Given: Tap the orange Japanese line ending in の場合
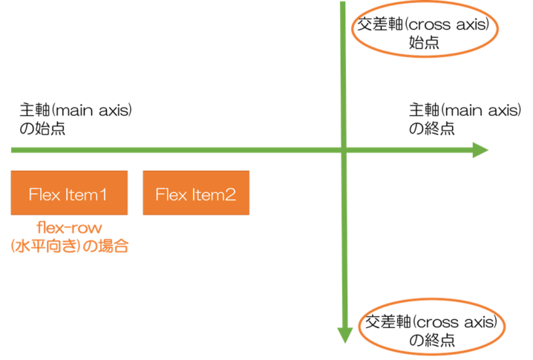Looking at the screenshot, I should coord(69,246).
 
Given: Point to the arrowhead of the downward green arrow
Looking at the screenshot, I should coord(344,336).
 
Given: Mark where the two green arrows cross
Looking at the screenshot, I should coord(344,151).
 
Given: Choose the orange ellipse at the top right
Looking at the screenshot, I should coord(422,28).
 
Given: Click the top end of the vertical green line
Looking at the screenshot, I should coord(344,3).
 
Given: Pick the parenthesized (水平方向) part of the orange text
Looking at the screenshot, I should coord(43,246).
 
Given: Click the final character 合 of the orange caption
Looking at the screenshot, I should coord(122,246).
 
